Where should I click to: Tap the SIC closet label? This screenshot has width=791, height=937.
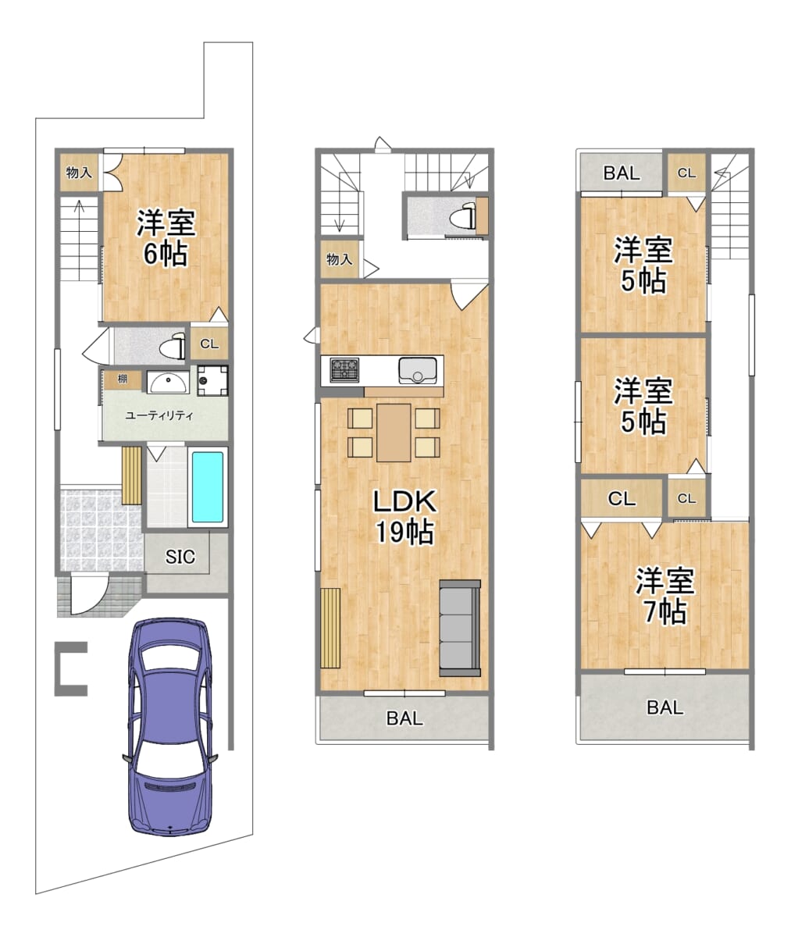(x=180, y=557)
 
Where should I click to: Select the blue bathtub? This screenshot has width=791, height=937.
(x=208, y=487)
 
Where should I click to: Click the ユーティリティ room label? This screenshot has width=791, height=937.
(x=159, y=415)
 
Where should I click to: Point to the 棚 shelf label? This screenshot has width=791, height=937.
(x=123, y=379)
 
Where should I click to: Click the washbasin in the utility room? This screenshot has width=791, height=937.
(x=168, y=383)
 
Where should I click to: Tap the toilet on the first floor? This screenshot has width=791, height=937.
(x=173, y=347)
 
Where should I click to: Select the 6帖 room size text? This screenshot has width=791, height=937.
(x=165, y=255)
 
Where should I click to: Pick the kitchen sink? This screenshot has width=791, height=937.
(x=417, y=370)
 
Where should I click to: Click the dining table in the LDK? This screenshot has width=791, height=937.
(x=394, y=433)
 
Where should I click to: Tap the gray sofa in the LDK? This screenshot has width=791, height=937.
(x=460, y=628)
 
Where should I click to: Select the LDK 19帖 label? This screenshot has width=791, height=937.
(x=404, y=516)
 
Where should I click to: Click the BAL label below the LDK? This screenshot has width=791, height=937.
(x=404, y=718)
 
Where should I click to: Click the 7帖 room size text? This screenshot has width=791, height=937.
(x=665, y=611)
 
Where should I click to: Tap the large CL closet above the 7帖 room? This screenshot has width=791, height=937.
(x=622, y=498)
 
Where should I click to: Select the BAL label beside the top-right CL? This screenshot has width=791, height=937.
(x=622, y=173)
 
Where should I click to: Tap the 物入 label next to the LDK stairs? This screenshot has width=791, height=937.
(x=339, y=259)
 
